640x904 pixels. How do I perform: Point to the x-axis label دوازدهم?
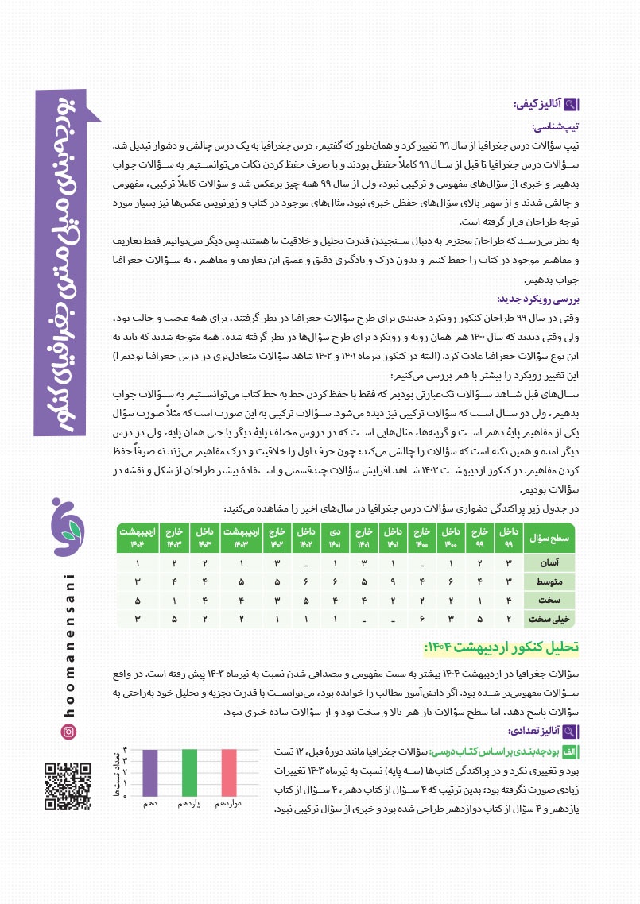[229, 805]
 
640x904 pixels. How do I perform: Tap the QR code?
[68, 786]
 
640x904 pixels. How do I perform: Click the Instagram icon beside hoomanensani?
[68, 731]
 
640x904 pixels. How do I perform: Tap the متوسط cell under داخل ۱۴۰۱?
[392, 581]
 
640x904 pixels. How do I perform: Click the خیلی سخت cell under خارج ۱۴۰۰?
[422, 617]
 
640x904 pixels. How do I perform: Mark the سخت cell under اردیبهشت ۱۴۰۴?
[138, 600]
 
